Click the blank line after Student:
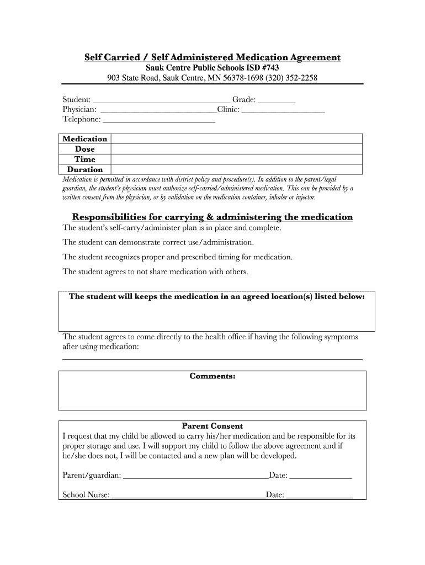tap(161, 101)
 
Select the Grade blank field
tap(277, 101)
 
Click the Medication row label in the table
tap(85, 139)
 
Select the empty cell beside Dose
tap(237, 149)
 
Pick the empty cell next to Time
tap(237, 159)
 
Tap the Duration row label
tap(85, 170)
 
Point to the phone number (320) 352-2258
tap(291, 78)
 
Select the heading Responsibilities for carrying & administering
tap(212, 217)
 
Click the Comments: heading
tap(212, 376)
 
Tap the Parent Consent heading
tap(212, 426)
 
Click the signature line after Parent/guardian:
tap(195, 476)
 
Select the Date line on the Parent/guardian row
tap(321, 476)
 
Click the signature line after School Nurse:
tap(188, 496)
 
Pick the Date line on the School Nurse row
tap(320, 496)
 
